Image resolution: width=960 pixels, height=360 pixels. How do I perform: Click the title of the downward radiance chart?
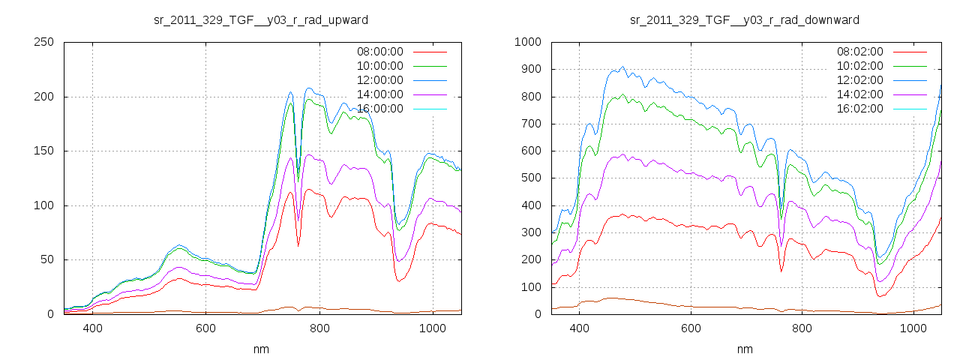pyautogui.click(x=745, y=19)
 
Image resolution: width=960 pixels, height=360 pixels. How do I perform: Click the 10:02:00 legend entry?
pyautogui.click(x=860, y=66)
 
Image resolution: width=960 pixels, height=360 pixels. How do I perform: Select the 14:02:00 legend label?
pyautogui.click(x=860, y=94)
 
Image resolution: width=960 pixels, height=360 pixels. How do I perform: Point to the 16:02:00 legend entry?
pyautogui.click(x=860, y=109)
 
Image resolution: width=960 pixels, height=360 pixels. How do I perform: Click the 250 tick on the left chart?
pyautogui.click(x=43, y=43)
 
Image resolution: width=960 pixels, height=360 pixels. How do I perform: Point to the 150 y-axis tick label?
pyautogui.click(x=43, y=151)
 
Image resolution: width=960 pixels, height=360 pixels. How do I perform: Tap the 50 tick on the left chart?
pyautogui.click(x=46, y=260)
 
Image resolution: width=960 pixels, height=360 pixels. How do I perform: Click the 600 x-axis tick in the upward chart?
pyautogui.click(x=206, y=328)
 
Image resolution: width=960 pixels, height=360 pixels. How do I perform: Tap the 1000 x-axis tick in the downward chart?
pyautogui.click(x=913, y=328)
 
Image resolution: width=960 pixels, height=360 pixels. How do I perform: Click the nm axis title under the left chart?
pyautogui.click(x=262, y=349)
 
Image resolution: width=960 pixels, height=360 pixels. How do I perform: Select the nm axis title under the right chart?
pyautogui.click(x=745, y=349)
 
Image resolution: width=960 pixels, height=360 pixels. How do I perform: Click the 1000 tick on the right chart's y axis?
pyautogui.click(x=527, y=43)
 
